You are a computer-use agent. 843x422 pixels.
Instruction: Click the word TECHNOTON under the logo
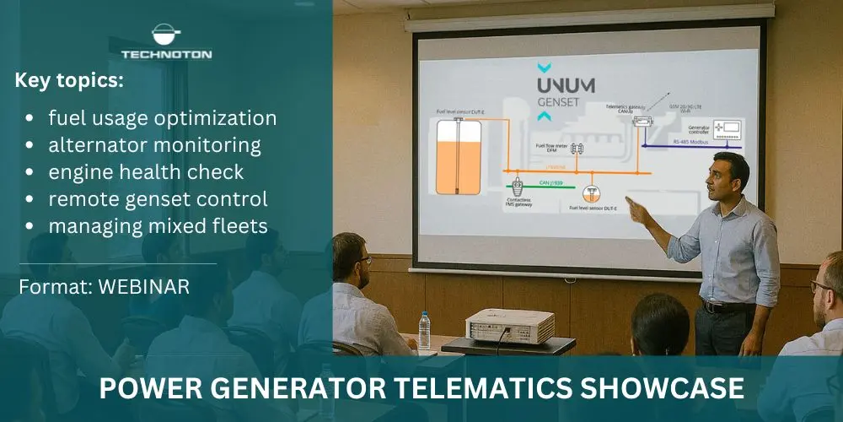(x=166, y=55)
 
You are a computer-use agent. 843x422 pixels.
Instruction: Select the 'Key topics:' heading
(x=69, y=81)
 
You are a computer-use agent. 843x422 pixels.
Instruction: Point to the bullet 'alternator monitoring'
(x=154, y=144)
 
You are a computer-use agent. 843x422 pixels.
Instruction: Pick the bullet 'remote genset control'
(x=158, y=199)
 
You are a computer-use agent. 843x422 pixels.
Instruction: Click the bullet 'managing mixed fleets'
(x=156, y=226)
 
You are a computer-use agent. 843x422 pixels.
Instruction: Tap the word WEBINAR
(x=143, y=286)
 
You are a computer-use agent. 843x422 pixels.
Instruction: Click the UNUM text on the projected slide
(x=566, y=86)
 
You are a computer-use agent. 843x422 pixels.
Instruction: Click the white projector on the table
(x=510, y=325)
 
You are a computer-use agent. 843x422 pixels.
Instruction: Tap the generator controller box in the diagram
(x=726, y=129)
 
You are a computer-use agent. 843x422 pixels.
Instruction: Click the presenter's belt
(x=728, y=306)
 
